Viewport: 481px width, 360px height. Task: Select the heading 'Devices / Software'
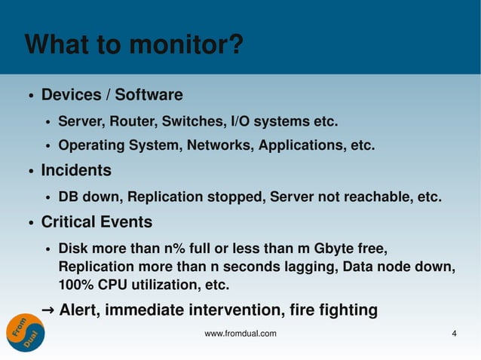click(112, 96)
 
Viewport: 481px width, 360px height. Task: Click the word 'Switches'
click(200, 121)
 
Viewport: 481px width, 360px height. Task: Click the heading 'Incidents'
click(76, 171)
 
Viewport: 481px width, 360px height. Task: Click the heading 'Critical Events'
click(97, 223)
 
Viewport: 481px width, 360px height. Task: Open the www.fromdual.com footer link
click(240, 334)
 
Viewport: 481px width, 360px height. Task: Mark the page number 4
click(454, 334)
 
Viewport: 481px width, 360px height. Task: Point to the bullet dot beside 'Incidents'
click(30, 172)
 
